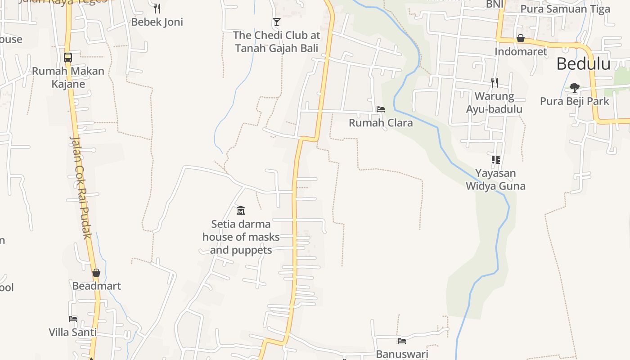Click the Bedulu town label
(x=583, y=64)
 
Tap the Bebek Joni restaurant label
(x=157, y=22)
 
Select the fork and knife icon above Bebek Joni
(x=157, y=8)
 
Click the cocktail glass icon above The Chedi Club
(x=276, y=22)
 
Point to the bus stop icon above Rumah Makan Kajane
(x=68, y=58)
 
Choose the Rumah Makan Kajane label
(x=68, y=77)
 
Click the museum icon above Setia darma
(x=241, y=210)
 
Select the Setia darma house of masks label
(x=241, y=237)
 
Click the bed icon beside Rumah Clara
(x=381, y=109)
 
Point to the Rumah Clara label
(x=381, y=122)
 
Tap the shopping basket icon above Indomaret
(x=521, y=38)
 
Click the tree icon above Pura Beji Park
(x=574, y=87)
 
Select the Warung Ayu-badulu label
(x=494, y=103)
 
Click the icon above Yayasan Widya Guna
(x=495, y=159)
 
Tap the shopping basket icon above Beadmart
(x=96, y=273)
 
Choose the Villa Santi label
(x=72, y=332)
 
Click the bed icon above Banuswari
(x=402, y=341)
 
